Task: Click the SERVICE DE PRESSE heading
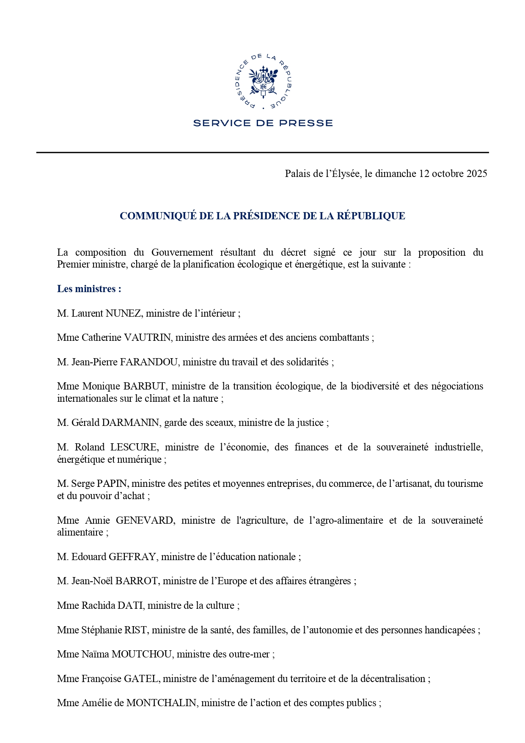(x=263, y=123)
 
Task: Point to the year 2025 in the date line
(x=477, y=174)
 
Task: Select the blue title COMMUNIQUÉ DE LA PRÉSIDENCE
(x=262, y=216)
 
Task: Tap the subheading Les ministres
(x=89, y=289)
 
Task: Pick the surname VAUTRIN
(x=147, y=337)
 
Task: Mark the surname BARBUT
(x=145, y=386)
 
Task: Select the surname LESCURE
(x=134, y=447)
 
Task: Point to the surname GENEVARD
(x=144, y=520)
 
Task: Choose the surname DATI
(x=130, y=605)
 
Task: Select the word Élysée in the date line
(x=344, y=174)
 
